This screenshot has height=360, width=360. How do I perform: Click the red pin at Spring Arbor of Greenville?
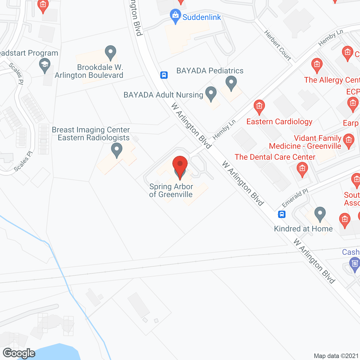[x=180, y=165]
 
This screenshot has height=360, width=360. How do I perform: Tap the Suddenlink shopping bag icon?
[x=175, y=16]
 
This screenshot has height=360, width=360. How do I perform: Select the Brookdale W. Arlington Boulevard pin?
[x=111, y=52]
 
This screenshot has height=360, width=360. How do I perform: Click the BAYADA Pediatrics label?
[x=210, y=71]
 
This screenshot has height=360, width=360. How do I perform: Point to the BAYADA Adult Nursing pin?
[x=211, y=94]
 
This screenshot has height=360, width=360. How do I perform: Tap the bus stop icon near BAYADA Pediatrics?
[x=164, y=75]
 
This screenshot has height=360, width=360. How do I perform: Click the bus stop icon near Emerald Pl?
[x=282, y=214]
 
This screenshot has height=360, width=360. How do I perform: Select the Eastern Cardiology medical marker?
[x=259, y=107]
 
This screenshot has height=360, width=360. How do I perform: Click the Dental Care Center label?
[x=275, y=157]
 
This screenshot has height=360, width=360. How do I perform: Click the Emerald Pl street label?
[x=295, y=198]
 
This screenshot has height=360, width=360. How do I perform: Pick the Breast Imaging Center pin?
[x=116, y=150]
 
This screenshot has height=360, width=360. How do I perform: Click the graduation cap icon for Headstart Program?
[x=45, y=65]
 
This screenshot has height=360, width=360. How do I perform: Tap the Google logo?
[x=19, y=353]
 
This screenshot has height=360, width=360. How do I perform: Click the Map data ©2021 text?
[x=336, y=356]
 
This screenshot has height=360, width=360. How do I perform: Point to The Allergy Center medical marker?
[x=317, y=65]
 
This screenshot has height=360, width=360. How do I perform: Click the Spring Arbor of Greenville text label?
[x=171, y=190]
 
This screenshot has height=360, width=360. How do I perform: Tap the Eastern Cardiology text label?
[x=279, y=121]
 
